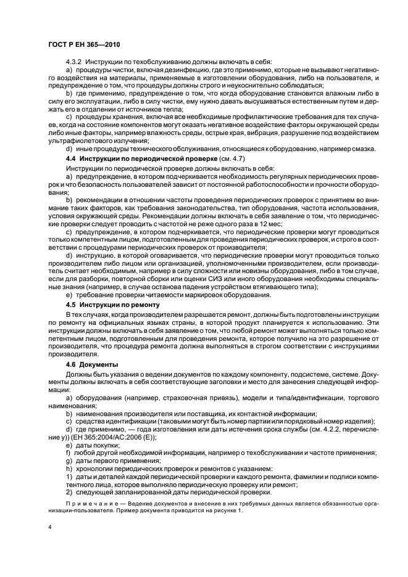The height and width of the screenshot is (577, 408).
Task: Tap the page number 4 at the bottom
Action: tap(49, 528)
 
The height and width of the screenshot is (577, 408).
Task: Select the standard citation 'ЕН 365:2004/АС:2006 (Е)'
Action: tap(106, 436)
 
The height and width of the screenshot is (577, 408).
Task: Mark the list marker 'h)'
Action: tap(69, 468)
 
